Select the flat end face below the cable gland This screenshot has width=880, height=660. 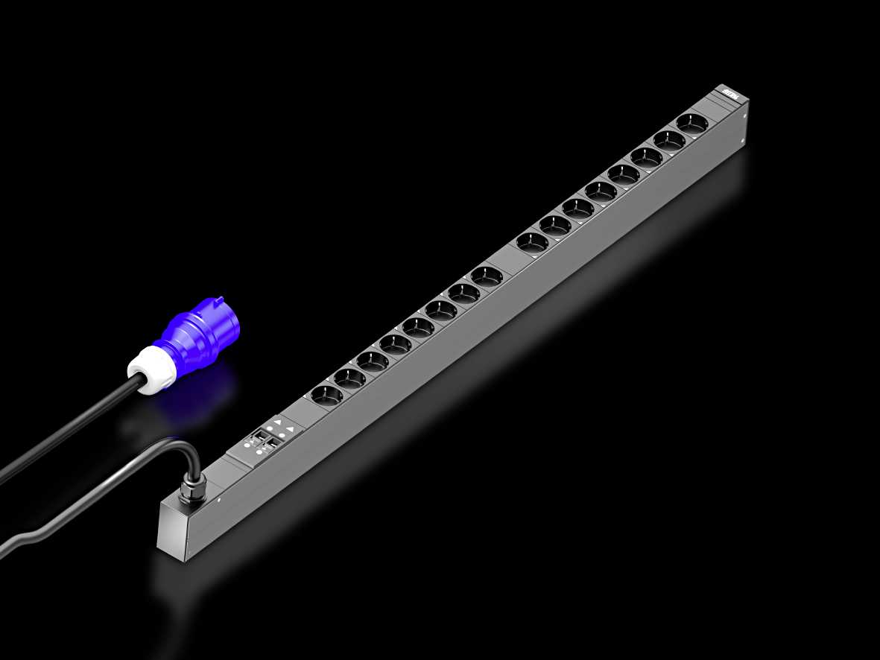[173, 530]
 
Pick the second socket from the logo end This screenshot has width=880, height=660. [669, 139]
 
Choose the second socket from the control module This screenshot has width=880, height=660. [349, 378]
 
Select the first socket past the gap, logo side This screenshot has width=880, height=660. [532, 241]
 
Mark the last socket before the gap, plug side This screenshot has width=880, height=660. [487, 276]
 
